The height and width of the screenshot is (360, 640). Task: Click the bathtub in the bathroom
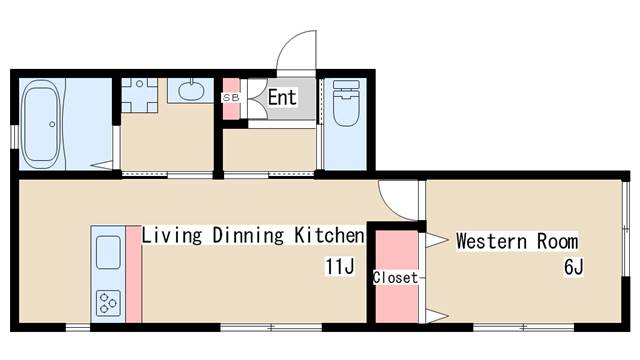pyautogui.click(x=42, y=124)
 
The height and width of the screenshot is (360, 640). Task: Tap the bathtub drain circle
pyautogui.click(x=52, y=124)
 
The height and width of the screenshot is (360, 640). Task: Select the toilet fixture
pyautogui.click(x=346, y=103)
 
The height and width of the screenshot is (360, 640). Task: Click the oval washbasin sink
pyautogui.click(x=191, y=91)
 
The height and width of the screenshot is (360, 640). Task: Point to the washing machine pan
pyautogui.click(x=140, y=95)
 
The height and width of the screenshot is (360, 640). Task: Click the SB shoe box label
pyautogui.click(x=231, y=98)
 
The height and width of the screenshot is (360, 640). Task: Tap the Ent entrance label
pyautogui.click(x=282, y=98)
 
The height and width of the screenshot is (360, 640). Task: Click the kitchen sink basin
pyautogui.click(x=108, y=252)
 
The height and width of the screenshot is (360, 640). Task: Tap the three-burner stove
pyautogui.click(x=108, y=303)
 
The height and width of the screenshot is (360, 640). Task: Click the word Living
pyautogui.click(x=172, y=236)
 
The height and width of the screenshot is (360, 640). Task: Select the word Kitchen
pyautogui.click(x=329, y=235)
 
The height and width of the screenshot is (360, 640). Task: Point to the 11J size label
pyautogui.click(x=340, y=267)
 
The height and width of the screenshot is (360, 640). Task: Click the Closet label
pyautogui.click(x=395, y=278)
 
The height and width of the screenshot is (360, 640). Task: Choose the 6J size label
pyautogui.click(x=574, y=267)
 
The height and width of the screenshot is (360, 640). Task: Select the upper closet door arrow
pyautogui.click(x=437, y=240)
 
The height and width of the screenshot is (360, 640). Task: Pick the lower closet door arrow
pyautogui.click(x=437, y=316)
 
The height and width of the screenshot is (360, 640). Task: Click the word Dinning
pyautogui.click(x=248, y=236)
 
